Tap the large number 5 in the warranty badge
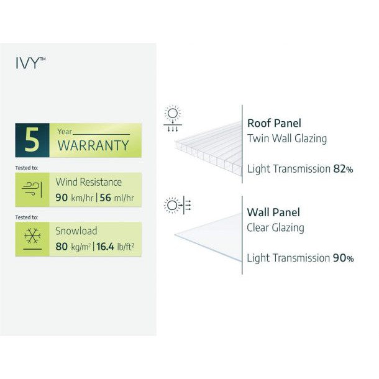pos(32,140)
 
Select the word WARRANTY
pos(93,146)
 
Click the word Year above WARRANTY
pos(65,132)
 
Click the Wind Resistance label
pos(89,182)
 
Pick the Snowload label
pos(76,231)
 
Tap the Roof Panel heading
pos(275,123)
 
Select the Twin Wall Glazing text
pos(287,139)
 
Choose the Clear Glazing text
pos(276,227)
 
